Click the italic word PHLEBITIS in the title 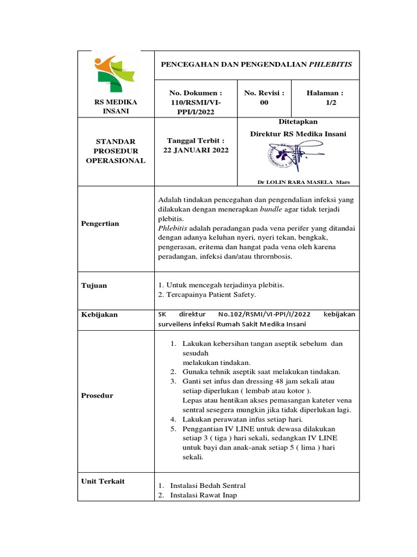[330, 64]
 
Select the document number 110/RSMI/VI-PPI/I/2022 [196, 103]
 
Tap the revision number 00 [264, 103]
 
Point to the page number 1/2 [331, 103]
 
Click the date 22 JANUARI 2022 [196, 150]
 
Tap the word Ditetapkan [298, 121]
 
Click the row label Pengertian [100, 224]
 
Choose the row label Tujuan [94, 285]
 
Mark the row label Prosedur [97, 395]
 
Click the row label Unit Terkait [103, 481]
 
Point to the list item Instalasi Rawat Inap [204, 495]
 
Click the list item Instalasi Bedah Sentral [208, 485]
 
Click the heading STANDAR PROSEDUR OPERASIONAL [115, 151]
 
